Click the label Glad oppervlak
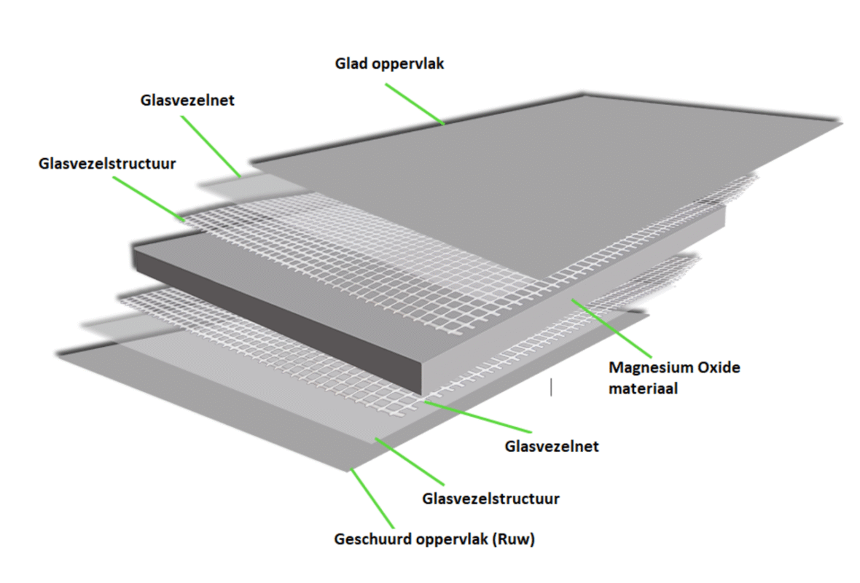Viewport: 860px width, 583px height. coord(389,64)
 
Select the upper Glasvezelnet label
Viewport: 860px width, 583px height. coord(187,101)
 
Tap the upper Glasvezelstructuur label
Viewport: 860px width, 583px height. coord(107,163)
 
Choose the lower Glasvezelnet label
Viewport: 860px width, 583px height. coord(552,446)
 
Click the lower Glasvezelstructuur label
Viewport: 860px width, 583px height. coord(490,499)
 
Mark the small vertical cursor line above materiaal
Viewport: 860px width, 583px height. coord(551,387)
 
